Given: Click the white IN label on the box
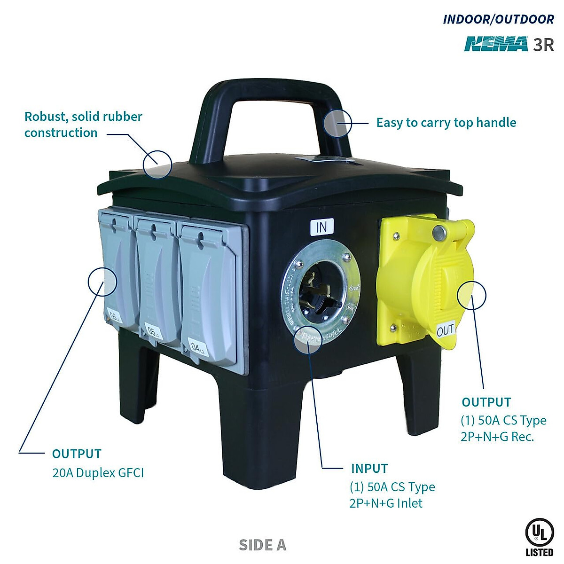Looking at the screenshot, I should coord(322,227).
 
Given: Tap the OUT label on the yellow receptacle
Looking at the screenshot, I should coord(445,330).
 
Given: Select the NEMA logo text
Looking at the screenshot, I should coord(496,44).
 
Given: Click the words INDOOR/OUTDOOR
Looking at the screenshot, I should coord(498,19).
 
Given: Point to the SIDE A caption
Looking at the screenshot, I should coord(262,545).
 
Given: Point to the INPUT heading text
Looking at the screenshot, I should coord(369,469).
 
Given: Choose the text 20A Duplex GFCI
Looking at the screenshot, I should coord(98,472).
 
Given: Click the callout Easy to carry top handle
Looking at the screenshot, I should coord(446,123).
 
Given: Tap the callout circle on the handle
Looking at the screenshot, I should coord(337,123).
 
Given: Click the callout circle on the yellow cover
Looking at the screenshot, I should coord(471,295).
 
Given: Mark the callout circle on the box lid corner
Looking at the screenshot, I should coord(157,164).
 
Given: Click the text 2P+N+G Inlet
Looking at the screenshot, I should coord(386,503).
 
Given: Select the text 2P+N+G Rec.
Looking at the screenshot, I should coord(497,437).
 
